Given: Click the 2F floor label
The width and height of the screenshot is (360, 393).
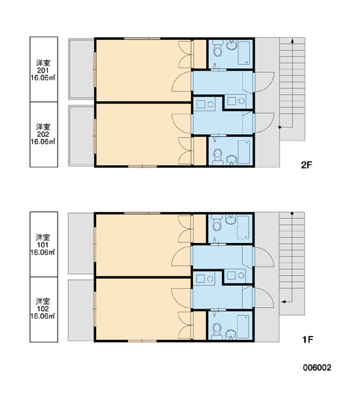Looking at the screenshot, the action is [306, 165].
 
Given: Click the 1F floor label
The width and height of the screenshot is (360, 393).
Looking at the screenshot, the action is [308, 339].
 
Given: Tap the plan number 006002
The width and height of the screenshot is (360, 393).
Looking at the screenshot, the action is [317, 367].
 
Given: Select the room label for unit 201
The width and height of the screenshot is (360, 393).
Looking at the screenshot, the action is [43, 70].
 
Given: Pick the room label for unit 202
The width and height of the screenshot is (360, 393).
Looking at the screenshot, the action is [43, 134].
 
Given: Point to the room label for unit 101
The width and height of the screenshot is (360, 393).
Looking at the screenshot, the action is [43, 244].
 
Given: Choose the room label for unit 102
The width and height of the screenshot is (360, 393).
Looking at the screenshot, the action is [43, 309].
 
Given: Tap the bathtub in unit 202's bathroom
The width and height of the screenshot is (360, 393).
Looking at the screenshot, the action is [243, 152].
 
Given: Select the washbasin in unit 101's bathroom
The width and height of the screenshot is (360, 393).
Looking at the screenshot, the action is [231, 219].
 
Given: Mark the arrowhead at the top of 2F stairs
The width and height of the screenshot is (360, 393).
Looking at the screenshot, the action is [292, 41].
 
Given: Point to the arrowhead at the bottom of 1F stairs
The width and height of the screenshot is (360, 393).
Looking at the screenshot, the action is [283, 301].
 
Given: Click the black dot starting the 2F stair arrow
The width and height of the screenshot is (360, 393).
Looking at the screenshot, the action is [279, 127].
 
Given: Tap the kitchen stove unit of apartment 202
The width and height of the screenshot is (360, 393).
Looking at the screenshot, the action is [205, 104].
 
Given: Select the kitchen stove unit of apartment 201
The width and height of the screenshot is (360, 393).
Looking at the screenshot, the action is [236, 101].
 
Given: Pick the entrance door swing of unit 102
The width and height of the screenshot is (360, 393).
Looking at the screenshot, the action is [264, 298].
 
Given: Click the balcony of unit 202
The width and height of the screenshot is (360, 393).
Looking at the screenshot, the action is [81, 136].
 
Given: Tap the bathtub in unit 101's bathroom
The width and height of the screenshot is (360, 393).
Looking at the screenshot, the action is [243, 227].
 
